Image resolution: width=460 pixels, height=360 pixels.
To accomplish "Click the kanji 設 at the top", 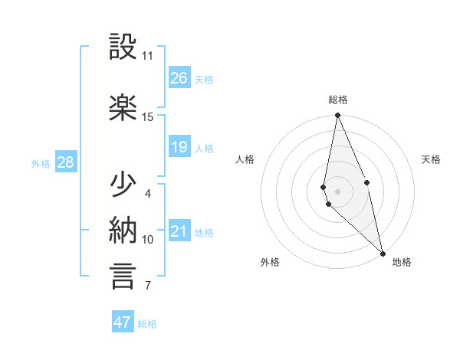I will pyautogui.click(x=123, y=47).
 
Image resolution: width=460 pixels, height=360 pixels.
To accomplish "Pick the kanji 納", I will pyautogui.click(x=123, y=231).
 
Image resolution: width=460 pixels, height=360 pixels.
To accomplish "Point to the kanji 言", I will pyautogui.click(x=123, y=277).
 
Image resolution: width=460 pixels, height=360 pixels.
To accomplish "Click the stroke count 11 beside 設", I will pyautogui.click(x=147, y=56).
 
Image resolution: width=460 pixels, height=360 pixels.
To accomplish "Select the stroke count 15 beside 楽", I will pyautogui.click(x=147, y=116).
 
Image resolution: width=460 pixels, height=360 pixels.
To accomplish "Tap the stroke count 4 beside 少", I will pyautogui.click(x=147, y=193).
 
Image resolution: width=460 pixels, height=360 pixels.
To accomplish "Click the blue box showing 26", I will pyautogui.click(x=179, y=78).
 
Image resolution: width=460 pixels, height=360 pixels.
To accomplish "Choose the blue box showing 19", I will pyautogui.click(x=179, y=147).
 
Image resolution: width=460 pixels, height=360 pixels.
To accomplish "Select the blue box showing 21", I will pyautogui.click(x=179, y=231).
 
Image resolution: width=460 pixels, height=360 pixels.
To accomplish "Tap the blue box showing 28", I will pyautogui.click(x=65, y=162).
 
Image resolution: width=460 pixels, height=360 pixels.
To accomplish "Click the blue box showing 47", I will pyautogui.click(x=123, y=322).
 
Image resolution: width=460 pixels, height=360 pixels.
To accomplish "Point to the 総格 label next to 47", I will pyautogui.click(x=147, y=324).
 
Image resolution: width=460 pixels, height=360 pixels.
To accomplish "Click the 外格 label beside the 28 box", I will pyautogui.click(x=41, y=163).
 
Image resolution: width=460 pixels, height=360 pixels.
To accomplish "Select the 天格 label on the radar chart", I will pyautogui.click(x=431, y=159).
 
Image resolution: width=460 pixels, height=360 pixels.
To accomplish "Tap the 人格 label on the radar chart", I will pyautogui.click(x=245, y=159).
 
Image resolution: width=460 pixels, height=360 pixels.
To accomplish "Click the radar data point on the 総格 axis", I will pyautogui.click(x=337, y=116).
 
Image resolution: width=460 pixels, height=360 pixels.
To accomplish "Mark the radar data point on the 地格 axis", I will pyautogui.click(x=383, y=253).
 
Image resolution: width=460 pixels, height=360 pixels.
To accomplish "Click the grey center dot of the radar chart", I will pyautogui.click(x=337, y=191).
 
